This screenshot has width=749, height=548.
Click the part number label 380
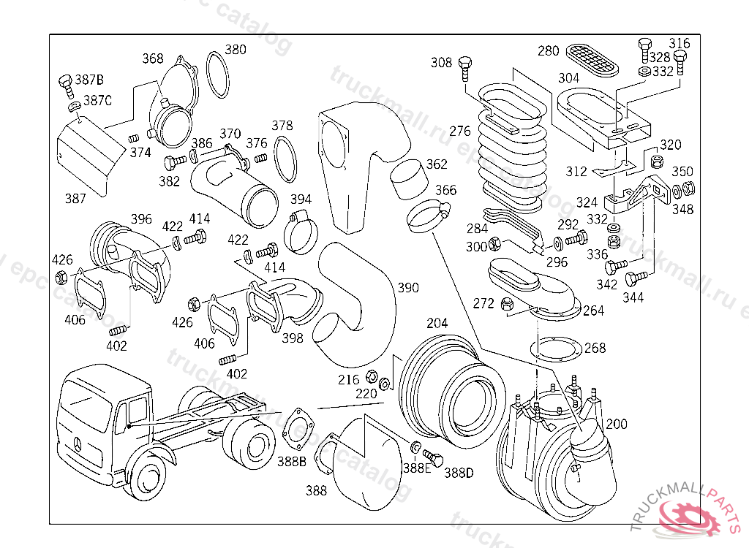coord(235,50)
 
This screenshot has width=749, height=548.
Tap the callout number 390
coord(409,287)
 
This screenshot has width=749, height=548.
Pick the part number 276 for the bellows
coord(460,132)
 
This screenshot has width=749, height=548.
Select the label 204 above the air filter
coord(437,323)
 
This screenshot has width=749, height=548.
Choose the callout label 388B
coord(291,461)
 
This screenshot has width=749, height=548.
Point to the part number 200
coord(616,424)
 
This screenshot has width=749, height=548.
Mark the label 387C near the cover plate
coord(97,100)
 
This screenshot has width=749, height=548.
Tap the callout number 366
coord(445,191)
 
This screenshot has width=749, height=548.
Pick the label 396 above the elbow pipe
coord(140,218)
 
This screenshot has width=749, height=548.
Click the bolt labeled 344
coord(636,278)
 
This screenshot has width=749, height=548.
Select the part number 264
coord(593,311)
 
